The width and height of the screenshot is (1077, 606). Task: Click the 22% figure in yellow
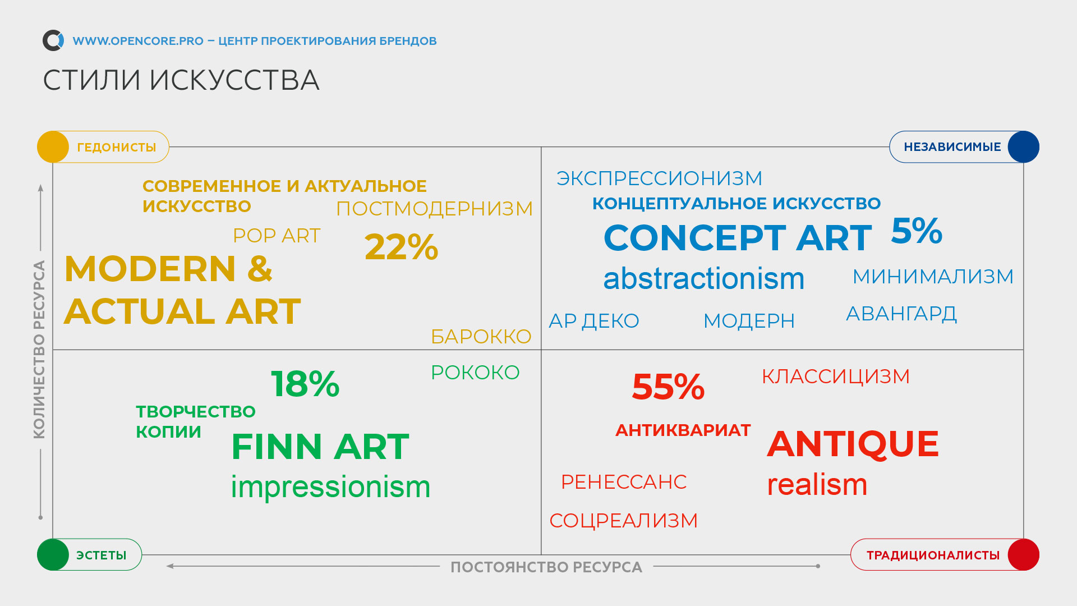(401, 247)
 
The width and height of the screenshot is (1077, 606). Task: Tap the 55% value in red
(668, 387)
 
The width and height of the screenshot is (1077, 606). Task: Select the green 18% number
(305, 384)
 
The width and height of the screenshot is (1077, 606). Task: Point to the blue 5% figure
(917, 231)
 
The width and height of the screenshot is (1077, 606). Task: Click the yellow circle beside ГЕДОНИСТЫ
(53, 147)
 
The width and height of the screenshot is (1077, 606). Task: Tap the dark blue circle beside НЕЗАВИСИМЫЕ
(1023, 147)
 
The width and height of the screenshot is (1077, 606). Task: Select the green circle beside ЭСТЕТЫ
(53, 555)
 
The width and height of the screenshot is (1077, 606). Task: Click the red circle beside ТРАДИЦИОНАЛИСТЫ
(1023, 555)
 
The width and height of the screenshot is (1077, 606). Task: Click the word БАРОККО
(481, 337)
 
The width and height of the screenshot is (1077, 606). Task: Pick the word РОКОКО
(475, 373)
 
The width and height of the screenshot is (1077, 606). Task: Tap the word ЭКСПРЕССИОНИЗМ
(659, 178)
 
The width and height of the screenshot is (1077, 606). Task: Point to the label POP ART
(277, 236)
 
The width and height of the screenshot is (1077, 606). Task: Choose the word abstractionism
(704, 278)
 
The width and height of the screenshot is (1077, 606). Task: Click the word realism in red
(817, 484)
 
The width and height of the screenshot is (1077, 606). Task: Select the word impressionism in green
(330, 486)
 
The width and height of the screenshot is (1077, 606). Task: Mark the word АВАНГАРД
(901, 314)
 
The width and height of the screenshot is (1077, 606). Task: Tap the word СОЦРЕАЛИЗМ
(624, 521)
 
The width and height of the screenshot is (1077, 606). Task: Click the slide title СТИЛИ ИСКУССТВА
(181, 80)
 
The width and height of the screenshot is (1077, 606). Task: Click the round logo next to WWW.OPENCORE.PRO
(53, 40)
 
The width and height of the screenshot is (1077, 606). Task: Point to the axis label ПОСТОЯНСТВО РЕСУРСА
(546, 567)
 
